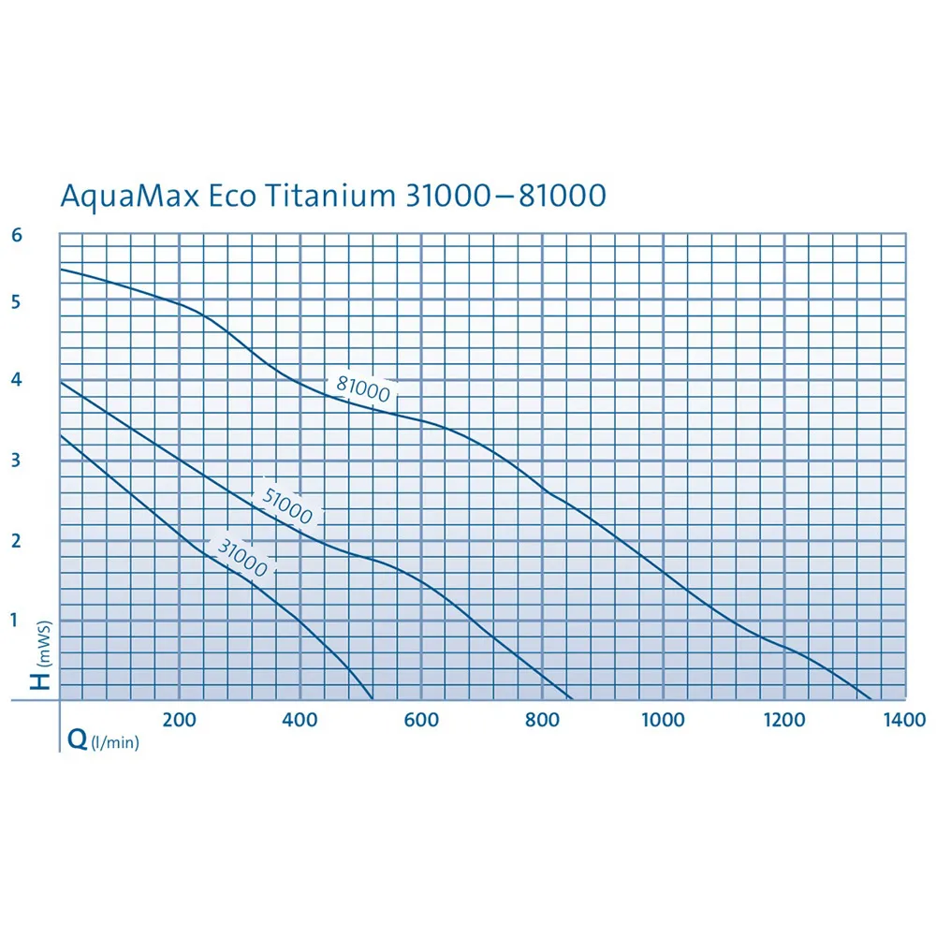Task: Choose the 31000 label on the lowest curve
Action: click(x=241, y=556)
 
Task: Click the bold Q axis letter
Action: click(x=77, y=740)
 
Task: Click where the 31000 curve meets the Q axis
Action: click(x=373, y=699)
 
